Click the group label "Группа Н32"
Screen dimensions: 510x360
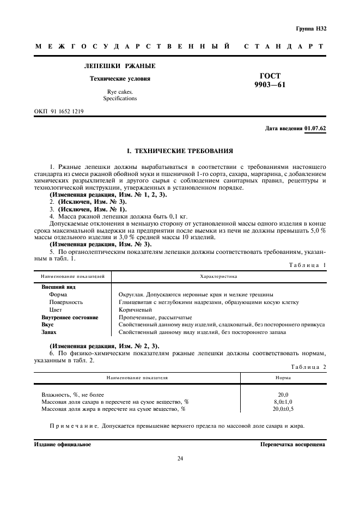(x=310, y=28)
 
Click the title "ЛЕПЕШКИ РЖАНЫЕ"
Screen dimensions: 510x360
(x=120, y=66)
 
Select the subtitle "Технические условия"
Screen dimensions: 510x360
(x=120, y=78)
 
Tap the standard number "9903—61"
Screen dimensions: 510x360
(x=270, y=85)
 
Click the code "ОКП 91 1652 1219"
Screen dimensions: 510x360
(x=59, y=111)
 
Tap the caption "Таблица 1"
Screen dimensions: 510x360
(x=309, y=265)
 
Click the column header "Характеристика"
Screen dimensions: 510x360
(x=218, y=277)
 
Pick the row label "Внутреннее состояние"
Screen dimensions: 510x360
(x=70, y=317)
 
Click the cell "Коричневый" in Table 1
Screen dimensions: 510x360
(x=134, y=309)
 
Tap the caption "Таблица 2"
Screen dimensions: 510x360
(x=309, y=367)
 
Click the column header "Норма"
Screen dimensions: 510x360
(x=283, y=377)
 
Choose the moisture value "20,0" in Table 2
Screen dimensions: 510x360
(x=283, y=394)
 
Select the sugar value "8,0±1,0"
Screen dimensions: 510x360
(x=283, y=401)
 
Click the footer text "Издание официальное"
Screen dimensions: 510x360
(x=62, y=445)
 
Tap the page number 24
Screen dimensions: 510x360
(x=180, y=458)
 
